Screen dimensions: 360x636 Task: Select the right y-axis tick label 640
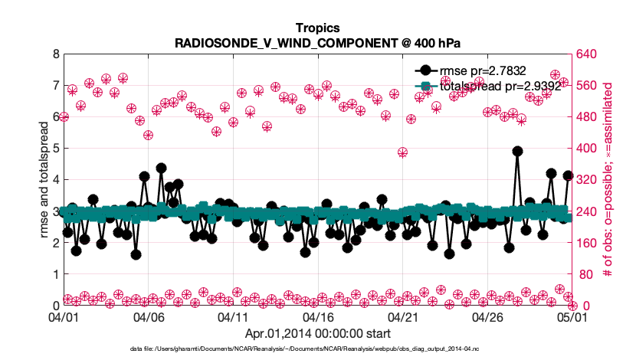pos(588,54)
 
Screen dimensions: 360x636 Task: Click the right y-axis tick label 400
pos(588,149)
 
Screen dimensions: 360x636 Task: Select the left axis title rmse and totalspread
pos(43,179)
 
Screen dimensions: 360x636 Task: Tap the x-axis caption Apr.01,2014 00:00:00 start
pos(317,333)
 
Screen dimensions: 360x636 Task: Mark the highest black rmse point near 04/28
pos(517,151)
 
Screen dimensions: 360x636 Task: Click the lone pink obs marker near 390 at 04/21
pos(402,152)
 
